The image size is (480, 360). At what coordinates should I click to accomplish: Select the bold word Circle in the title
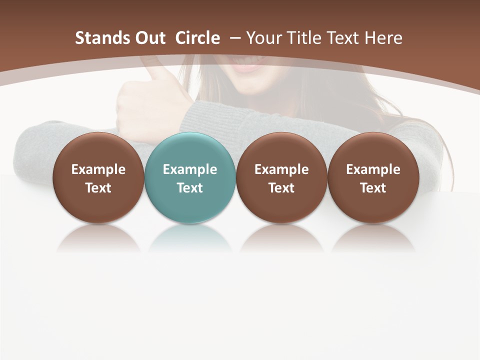[197, 38]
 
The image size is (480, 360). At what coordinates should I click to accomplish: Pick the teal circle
[189, 178]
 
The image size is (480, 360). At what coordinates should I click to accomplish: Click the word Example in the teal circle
[190, 169]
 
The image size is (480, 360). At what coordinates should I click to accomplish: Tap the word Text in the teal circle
[190, 188]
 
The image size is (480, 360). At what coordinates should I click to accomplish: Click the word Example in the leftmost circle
[98, 169]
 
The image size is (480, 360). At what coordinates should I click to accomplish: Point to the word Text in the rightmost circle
[373, 188]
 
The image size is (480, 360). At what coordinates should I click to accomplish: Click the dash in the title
[234, 38]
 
